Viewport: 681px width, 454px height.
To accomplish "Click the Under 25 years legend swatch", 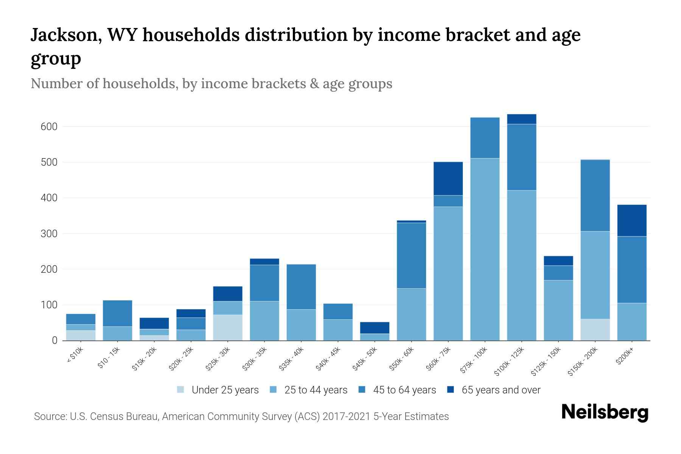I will coord(181,390).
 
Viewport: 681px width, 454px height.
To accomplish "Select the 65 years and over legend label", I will coord(501,390).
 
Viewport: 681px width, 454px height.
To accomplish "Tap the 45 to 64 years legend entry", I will coord(404,390).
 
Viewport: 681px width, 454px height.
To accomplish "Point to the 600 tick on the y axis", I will coord(49,127).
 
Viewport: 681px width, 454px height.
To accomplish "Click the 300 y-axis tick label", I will coord(49,234).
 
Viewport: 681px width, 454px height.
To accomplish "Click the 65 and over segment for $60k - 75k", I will coord(448,179).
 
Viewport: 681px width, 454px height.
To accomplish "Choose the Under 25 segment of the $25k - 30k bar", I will coord(228,328).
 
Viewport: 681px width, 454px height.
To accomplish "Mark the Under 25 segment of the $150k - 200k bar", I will coord(595,330).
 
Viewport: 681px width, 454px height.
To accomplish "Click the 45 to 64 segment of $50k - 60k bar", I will coord(411,255).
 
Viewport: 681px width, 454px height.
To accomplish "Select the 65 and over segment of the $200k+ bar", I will coord(632,221).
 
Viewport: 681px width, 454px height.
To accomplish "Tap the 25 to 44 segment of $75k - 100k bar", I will coord(485,249).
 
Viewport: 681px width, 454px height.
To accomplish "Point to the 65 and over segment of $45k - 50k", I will coord(375,328).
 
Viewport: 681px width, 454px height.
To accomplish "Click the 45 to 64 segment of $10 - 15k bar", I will coord(118,313).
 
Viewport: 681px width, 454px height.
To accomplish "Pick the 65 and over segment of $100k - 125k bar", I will coord(521,119).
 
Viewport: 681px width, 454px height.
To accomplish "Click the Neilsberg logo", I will coord(605,412).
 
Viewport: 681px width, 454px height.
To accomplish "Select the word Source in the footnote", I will coord(49,417).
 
